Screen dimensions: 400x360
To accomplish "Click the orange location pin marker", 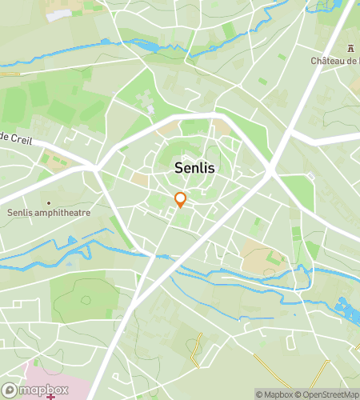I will tap(181, 200).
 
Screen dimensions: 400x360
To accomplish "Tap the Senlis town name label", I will tap(194, 169).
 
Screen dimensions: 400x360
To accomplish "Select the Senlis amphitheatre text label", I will tap(49, 213).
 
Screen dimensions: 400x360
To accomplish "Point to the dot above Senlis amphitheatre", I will tap(48, 202).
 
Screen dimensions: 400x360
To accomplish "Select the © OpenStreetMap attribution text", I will tap(328, 394).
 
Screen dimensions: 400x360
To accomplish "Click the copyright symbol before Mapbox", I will tap(259, 394).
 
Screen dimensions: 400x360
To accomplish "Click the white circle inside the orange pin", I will tap(181, 197).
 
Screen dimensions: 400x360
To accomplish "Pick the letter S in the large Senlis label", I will tap(179, 169).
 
